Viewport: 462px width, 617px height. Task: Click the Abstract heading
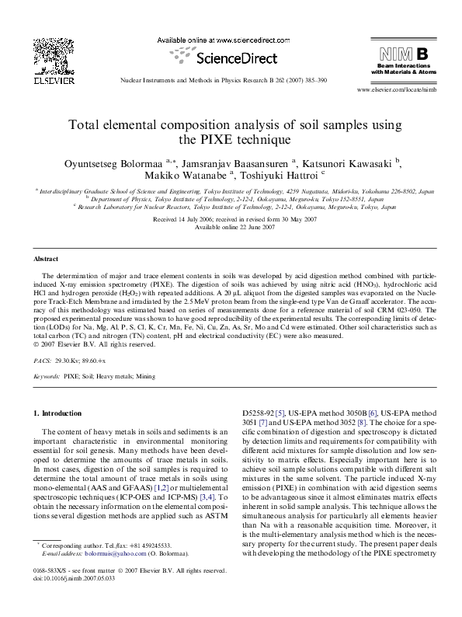pyautogui.click(x=47, y=258)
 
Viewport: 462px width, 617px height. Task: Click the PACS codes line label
pyautogui.click(x=43, y=362)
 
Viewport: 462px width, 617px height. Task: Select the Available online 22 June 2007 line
pyautogui.click(x=231, y=226)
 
